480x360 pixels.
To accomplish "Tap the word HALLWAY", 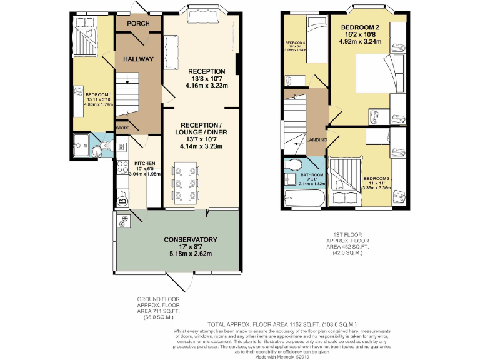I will [x=138, y=59].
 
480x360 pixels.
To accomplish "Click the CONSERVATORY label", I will [x=190, y=240].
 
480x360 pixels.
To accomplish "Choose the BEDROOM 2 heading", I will [x=360, y=27].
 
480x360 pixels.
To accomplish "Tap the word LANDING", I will [x=317, y=139].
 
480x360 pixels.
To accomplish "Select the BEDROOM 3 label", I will [x=377, y=177].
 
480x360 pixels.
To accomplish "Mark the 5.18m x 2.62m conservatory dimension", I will [x=190, y=254].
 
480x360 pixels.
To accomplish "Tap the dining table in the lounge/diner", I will [x=185, y=182].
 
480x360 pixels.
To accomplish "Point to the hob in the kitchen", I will [x=121, y=167].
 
